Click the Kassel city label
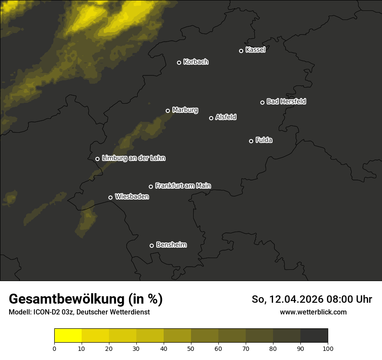(255, 50)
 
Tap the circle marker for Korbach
(179, 62)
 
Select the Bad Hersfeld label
(286, 101)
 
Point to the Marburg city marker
(168, 111)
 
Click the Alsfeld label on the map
(226, 117)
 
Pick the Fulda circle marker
(251, 141)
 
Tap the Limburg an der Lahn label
(133, 158)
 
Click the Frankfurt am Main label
(183, 186)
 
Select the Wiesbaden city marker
(110, 197)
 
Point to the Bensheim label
(171, 245)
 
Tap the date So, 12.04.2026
(286, 299)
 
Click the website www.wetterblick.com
(313, 312)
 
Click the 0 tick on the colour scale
(54, 348)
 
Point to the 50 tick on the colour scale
(191, 348)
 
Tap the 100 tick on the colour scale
(328, 348)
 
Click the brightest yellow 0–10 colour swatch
(68, 335)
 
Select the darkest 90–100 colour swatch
(314, 335)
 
